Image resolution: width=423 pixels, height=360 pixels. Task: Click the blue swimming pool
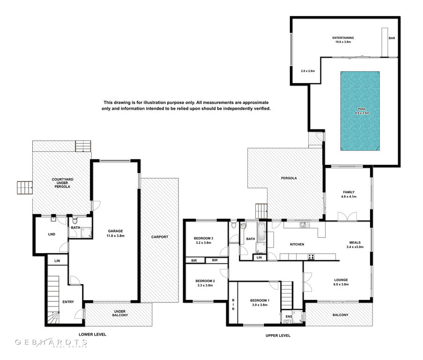click(360, 111)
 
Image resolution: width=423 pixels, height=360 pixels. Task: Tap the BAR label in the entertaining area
click(392, 38)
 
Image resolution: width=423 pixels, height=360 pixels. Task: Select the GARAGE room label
click(115, 231)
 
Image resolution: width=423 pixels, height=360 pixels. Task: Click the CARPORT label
click(160, 237)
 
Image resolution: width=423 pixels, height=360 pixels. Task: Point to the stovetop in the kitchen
click(311, 257)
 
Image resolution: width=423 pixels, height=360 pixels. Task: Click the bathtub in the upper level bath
click(261, 232)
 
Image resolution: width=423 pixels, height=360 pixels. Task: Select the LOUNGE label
click(341, 280)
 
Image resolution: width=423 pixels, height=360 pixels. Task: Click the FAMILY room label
click(349, 192)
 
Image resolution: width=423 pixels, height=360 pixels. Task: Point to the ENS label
click(289, 316)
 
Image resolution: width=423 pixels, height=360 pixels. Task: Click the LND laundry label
click(52, 234)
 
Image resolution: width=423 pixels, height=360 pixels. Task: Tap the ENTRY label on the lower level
click(68, 302)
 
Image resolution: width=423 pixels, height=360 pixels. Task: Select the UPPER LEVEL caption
click(278, 336)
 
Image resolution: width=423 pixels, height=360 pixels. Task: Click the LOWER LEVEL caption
click(92, 334)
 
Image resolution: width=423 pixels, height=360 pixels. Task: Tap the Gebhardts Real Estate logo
click(51, 343)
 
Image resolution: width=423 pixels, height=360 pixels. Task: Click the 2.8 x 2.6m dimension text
click(308, 71)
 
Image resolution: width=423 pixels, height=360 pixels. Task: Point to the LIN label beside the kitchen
click(259, 257)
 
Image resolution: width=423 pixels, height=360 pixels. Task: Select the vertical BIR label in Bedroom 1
click(233, 305)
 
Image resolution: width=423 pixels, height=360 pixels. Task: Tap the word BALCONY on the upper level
click(341, 315)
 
